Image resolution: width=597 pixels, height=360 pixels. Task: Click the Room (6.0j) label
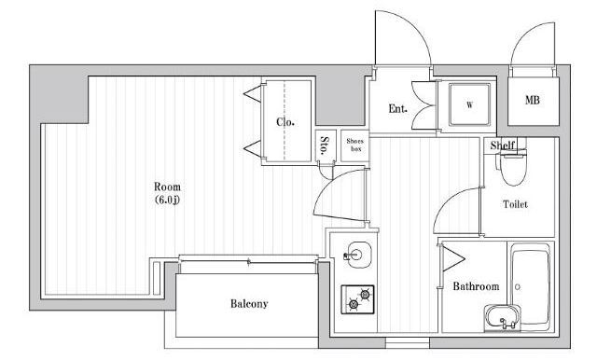pos(167,193)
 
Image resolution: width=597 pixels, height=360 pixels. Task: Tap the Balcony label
pos(249,304)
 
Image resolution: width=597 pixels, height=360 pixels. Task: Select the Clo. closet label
pos(285,122)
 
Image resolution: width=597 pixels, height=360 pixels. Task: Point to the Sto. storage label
pos(325,145)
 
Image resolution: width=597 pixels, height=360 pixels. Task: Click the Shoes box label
pos(354,145)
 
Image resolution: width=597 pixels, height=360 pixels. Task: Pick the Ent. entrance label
pos(397,109)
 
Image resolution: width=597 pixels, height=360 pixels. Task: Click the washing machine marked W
pos(469,104)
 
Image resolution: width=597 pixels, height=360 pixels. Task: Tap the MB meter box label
pos(533,100)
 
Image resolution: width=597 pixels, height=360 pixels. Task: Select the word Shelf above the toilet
pos(502,145)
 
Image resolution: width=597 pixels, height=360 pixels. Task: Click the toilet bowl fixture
pos(513,168)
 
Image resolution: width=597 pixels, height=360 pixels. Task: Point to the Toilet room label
pos(516,204)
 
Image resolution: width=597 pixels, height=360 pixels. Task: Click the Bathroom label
pos(476,286)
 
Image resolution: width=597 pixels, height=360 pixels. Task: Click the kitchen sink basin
pos(356,255)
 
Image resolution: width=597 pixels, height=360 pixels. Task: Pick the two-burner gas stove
pos(357,299)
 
